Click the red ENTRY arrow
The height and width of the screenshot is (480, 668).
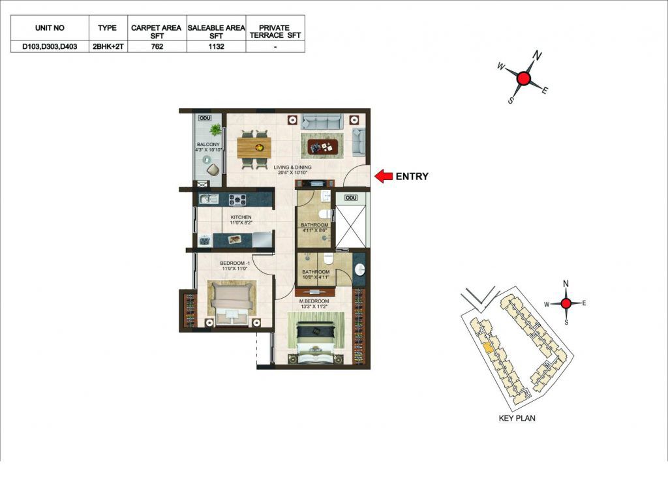tap(384, 176)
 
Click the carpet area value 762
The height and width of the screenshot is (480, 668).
tap(157, 46)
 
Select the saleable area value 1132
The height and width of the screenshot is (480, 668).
tap(216, 46)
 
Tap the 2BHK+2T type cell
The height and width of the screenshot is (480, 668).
tap(108, 46)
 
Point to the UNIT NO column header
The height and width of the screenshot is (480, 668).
tap(50, 28)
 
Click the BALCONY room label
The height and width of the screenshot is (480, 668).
tap(208, 144)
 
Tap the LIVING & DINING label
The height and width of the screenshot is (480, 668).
tap(292, 168)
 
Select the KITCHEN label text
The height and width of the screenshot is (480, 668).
tap(241, 217)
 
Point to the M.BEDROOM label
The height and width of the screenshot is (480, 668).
tap(314, 301)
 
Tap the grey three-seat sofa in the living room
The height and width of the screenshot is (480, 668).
tap(322, 121)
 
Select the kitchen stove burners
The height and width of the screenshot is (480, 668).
tap(237, 199)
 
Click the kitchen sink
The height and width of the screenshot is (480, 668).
tap(209, 199)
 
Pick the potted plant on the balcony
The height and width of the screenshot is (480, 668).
tap(215, 129)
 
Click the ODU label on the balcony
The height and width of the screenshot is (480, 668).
tap(205, 118)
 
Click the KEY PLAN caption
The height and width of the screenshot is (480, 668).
tap(517, 418)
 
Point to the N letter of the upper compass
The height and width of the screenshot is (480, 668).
tap(538, 56)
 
